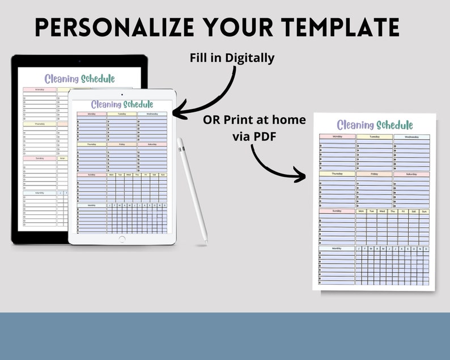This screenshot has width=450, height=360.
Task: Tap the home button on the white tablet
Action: point(122,239)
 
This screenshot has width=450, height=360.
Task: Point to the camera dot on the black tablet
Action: point(79,61)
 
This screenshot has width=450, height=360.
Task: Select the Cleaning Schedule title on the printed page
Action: point(375,125)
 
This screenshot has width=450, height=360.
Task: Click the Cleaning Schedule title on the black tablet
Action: point(79,79)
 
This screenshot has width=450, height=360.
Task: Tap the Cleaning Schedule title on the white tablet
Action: point(122,104)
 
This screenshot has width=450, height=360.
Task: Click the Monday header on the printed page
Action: point(337,137)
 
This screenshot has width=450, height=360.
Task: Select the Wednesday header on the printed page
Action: point(411,137)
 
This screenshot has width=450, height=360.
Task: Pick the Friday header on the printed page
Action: point(375,174)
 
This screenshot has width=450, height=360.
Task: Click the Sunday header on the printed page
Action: point(337,211)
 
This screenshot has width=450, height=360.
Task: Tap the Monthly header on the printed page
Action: point(337,248)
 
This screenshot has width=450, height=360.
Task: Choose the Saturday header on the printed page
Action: point(411,174)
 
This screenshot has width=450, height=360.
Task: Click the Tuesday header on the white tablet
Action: point(122,114)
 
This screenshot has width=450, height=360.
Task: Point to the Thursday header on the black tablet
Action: point(40,124)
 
